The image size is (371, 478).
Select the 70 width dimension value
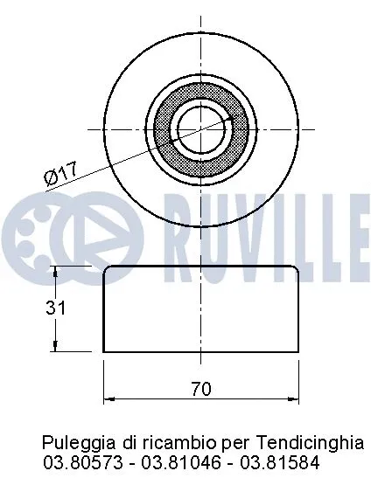(200, 390)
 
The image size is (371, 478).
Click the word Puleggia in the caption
(72, 442)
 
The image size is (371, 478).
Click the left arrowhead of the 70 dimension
(108, 398)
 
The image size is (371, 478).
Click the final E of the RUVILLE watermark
(356, 226)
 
